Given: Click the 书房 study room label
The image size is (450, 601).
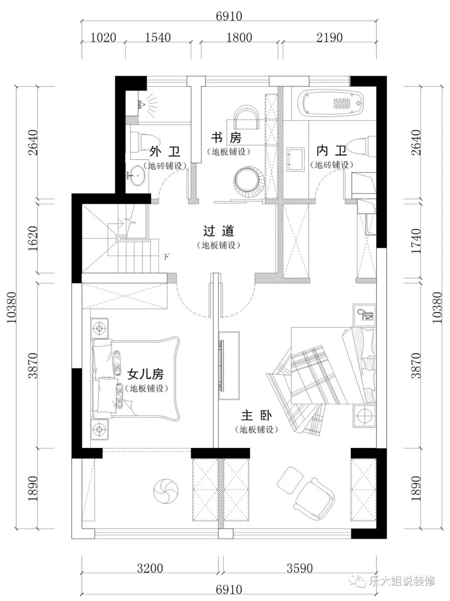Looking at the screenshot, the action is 226,138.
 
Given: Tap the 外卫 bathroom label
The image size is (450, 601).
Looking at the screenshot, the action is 165,151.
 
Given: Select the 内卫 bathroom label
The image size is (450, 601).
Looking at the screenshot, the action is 331,150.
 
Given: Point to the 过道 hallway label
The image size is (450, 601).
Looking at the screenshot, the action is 218,230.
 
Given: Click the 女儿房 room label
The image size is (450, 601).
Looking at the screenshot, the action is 145,374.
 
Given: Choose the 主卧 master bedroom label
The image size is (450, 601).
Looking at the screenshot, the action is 257,416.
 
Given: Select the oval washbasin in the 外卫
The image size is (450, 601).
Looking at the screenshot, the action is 137,175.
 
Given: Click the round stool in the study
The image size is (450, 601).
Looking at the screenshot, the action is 246,181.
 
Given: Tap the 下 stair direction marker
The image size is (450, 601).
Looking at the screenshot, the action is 166,257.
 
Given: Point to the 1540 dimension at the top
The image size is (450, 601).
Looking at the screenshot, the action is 157,38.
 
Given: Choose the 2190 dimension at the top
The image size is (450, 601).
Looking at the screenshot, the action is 329,38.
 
